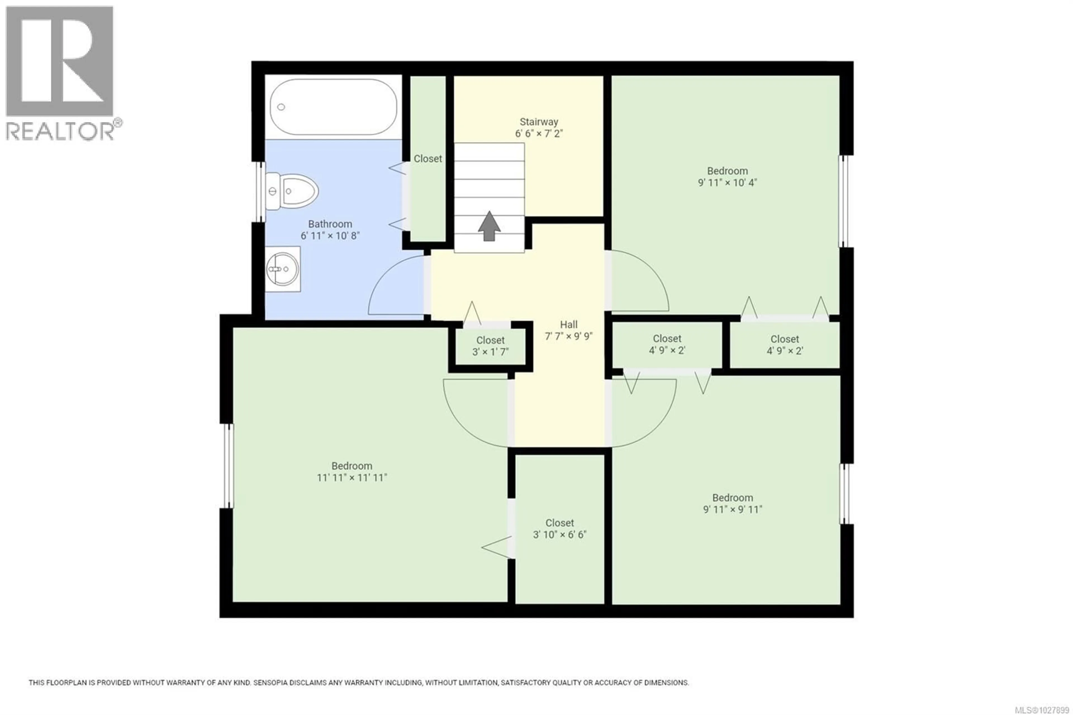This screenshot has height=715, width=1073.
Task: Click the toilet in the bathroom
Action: coord(294,191)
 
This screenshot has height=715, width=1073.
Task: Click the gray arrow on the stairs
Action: coord(489,226)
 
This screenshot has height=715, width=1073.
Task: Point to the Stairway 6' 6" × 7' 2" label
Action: coord(539,128)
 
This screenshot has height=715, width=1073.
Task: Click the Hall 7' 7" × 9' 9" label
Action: coord(568,330)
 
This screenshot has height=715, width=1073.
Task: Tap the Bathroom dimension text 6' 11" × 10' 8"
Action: coord(330,236)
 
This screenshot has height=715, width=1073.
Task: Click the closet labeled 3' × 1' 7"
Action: coord(490,346)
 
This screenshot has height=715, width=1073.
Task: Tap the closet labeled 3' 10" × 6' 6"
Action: coord(559,529)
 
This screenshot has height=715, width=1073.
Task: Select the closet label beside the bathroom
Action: coord(428,159)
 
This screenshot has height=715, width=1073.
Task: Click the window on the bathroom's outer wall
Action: coord(260,191)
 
